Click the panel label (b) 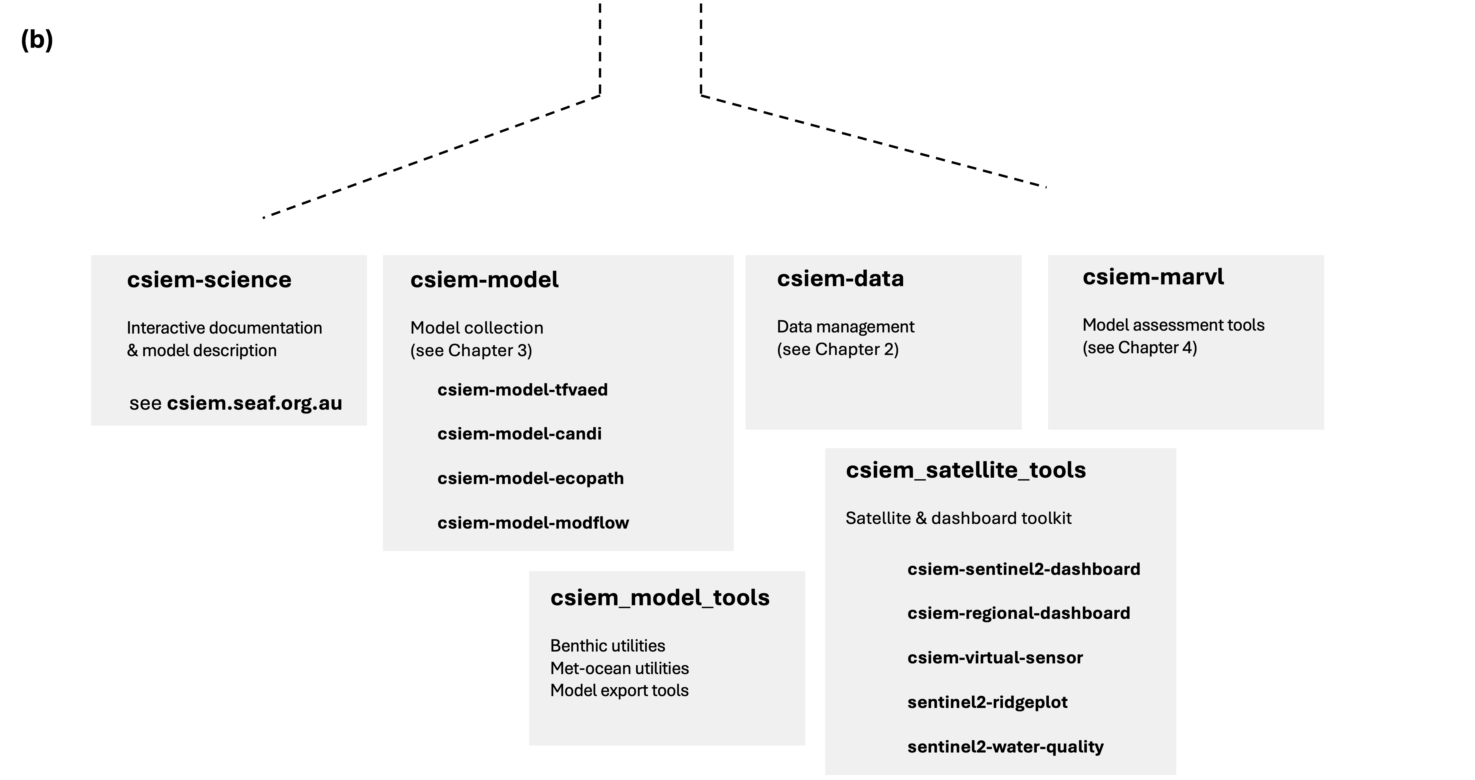pos(37,40)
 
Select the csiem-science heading pos(209,280)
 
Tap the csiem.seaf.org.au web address pos(254,403)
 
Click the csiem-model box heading pos(485,280)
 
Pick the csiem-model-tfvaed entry pos(522,390)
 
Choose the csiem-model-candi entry pos(519,434)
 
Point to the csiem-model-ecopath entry pos(530,479)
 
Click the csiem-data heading pos(840,279)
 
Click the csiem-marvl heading pos(1153,277)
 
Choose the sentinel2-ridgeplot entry pos(987,702)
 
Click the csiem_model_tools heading pos(660,598)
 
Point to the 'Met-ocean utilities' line pos(619,668)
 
